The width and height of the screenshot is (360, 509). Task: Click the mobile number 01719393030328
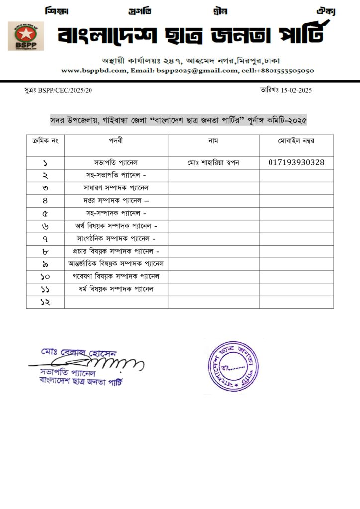pos(296,162)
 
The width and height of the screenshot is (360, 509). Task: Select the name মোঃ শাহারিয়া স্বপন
pos(213,162)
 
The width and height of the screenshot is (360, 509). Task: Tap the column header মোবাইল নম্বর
pos(296,141)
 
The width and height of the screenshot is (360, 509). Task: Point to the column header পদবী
pos(116,141)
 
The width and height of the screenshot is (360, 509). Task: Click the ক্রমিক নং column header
pos(45,141)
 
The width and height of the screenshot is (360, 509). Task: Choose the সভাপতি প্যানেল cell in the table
pos(116,162)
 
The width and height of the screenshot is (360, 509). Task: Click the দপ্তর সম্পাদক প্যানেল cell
pos(116,201)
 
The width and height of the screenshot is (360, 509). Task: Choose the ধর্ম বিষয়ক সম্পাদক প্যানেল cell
pos(116,289)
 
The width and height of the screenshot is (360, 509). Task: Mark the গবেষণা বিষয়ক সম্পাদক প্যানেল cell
pos(116,276)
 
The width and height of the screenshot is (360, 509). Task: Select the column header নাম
pos(213,141)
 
